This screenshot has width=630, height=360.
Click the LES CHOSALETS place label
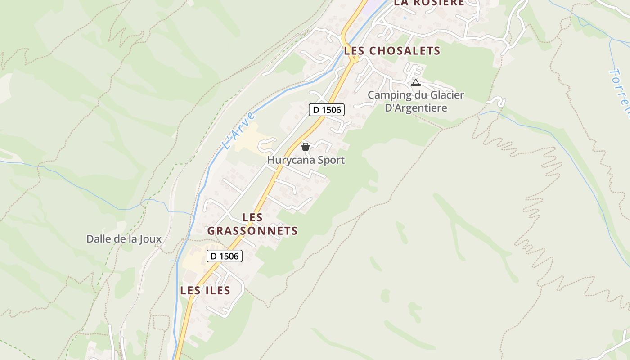pyautogui.click(x=392, y=51)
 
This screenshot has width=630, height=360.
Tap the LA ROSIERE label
pyautogui.click(x=429, y=3)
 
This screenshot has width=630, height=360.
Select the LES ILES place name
pyautogui.click(x=205, y=291)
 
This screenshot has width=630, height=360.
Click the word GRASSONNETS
pyautogui.click(x=252, y=231)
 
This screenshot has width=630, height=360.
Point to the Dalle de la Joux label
pyautogui.click(x=124, y=239)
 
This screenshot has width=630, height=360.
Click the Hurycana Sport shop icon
pyautogui.click(x=306, y=147)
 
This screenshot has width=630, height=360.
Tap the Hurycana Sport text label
pyautogui.click(x=306, y=160)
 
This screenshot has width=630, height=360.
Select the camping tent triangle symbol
pyautogui.click(x=416, y=83)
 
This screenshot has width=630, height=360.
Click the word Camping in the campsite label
pyautogui.click(x=383, y=95)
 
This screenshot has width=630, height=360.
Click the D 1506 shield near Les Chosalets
pyautogui.click(x=327, y=110)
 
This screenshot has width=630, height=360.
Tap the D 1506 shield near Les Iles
pyautogui.click(x=225, y=256)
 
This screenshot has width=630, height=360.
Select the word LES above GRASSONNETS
pyautogui.click(x=252, y=217)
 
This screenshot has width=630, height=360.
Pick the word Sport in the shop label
pyautogui.click(x=331, y=160)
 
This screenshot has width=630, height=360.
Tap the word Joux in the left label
pyautogui.click(x=150, y=239)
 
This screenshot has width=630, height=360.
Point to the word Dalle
pyautogui.click(x=99, y=239)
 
